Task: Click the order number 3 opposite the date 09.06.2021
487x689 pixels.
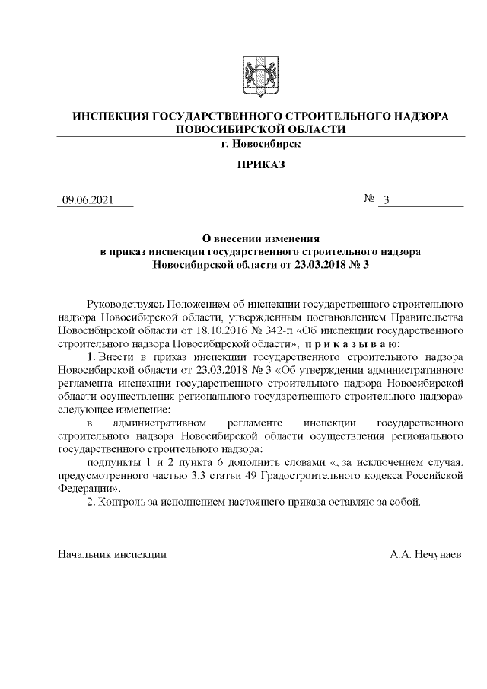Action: point(387,200)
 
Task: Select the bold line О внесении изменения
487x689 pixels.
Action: point(260,237)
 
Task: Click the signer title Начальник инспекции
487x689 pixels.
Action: point(113,555)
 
